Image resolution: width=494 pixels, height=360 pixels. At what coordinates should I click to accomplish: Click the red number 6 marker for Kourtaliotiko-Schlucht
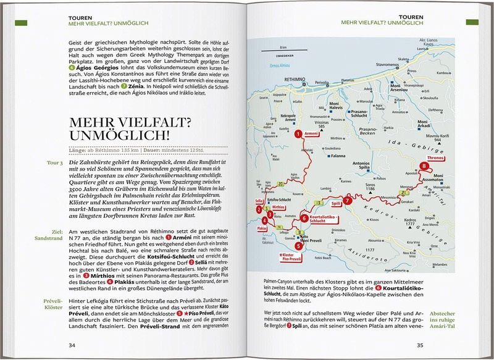[304, 218]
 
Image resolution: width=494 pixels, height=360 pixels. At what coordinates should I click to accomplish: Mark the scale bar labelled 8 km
[283, 49]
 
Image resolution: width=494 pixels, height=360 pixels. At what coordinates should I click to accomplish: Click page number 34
[72, 345]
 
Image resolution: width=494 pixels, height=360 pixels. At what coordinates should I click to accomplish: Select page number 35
[420, 345]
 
